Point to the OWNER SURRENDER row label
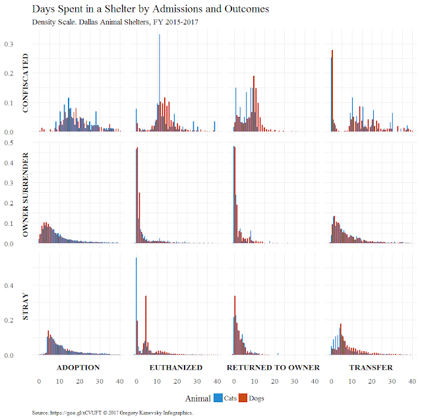(x=26, y=196)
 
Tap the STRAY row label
(x=26, y=308)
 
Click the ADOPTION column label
(x=78, y=367)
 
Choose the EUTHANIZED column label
(x=175, y=367)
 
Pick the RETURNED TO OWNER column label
(x=273, y=367)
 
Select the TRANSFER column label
(x=371, y=367)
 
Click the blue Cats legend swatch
(x=218, y=398)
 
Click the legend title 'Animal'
(x=198, y=398)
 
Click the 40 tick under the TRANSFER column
(x=413, y=382)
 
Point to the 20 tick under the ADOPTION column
(x=80, y=382)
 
